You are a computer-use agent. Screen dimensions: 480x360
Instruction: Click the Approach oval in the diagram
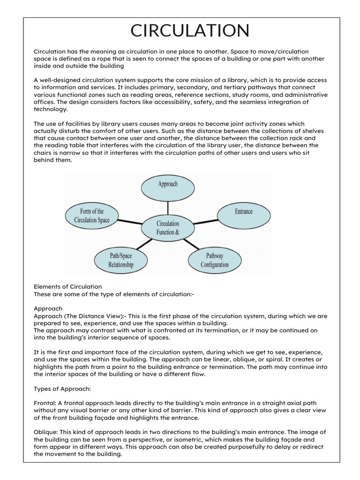click(167, 184)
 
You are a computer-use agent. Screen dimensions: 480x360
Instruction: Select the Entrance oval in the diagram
click(243, 211)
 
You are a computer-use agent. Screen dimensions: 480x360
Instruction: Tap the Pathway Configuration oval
click(215, 260)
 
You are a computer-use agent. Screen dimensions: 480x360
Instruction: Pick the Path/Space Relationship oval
click(121, 260)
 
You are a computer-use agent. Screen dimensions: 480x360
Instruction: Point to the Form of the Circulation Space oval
click(91, 216)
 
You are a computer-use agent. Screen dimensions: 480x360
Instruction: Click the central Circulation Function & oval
click(167, 227)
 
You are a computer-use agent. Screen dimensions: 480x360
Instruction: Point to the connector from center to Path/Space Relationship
click(144, 244)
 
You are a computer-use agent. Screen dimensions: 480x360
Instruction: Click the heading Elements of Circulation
click(67, 286)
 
